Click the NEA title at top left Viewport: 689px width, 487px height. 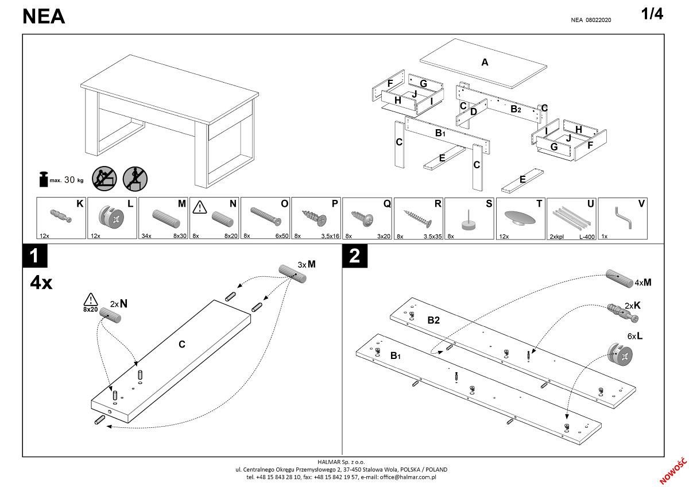[44, 17]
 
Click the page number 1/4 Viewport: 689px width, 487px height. [652, 15]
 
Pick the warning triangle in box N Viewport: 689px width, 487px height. [200, 205]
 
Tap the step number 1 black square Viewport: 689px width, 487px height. [34, 256]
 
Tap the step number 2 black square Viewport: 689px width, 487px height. [354, 256]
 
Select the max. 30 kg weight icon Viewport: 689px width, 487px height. [43, 179]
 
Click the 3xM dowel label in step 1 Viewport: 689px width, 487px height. [307, 264]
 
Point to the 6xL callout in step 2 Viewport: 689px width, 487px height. [634, 337]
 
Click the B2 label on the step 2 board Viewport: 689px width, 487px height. [433, 320]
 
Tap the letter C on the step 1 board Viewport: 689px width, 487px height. [181, 344]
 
